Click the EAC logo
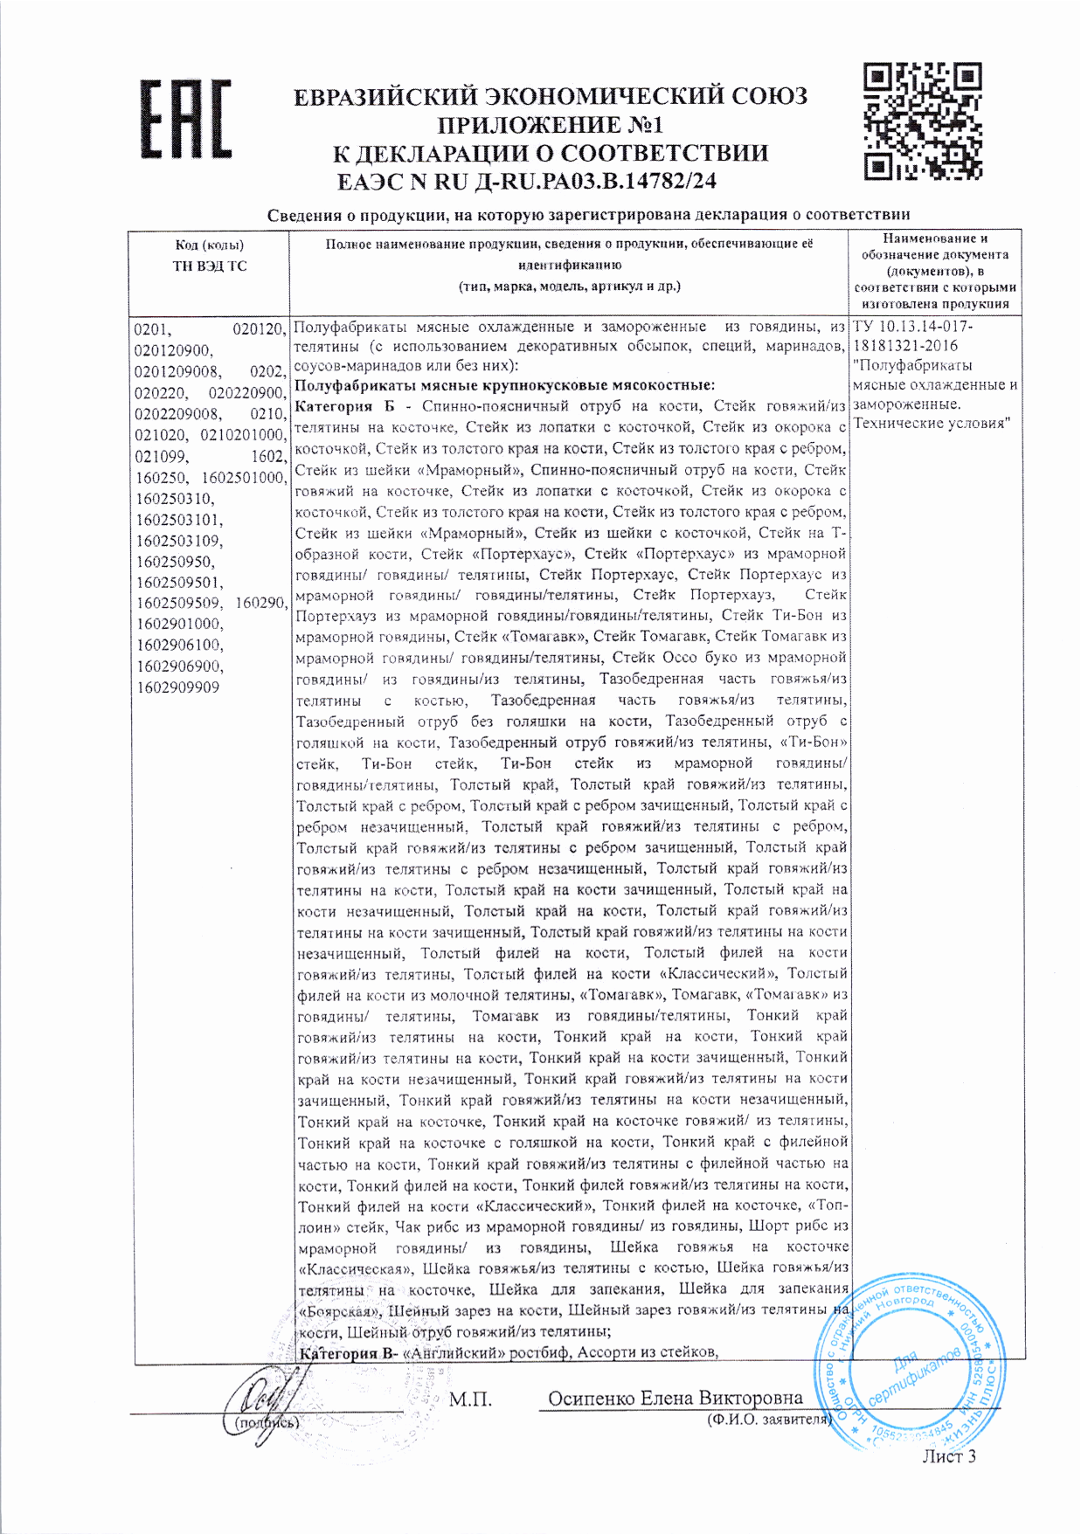click(x=187, y=120)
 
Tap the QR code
click(x=923, y=121)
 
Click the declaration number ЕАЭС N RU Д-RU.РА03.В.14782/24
click(x=526, y=182)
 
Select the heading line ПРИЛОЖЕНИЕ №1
click(x=550, y=125)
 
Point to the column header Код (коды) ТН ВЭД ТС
click(x=209, y=255)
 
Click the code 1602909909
click(x=177, y=688)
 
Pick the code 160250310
click(x=174, y=499)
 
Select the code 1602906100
click(x=179, y=646)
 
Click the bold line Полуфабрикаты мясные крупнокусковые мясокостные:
click(x=504, y=385)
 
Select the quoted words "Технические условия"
click(x=932, y=424)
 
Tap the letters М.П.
click(x=470, y=1399)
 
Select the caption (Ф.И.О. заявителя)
click(x=768, y=1420)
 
